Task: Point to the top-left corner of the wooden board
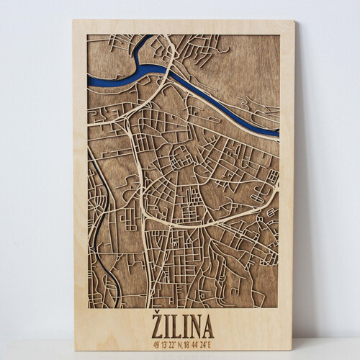(73, 20)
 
